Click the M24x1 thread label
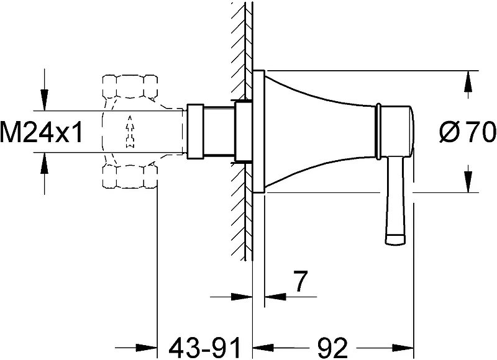point(41,132)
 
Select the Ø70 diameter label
point(468,132)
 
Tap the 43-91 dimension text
point(205,348)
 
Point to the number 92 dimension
point(332,348)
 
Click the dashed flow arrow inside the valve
point(130,132)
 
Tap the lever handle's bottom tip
point(395,239)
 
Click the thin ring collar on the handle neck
point(378,131)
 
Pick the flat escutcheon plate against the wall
point(258,132)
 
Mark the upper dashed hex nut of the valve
point(130,86)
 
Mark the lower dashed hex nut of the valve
point(130,176)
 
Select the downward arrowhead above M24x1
point(45,100)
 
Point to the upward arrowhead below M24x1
point(45,163)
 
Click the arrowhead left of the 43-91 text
point(147,348)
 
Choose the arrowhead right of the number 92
point(403,348)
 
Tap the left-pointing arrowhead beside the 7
point(275,297)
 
